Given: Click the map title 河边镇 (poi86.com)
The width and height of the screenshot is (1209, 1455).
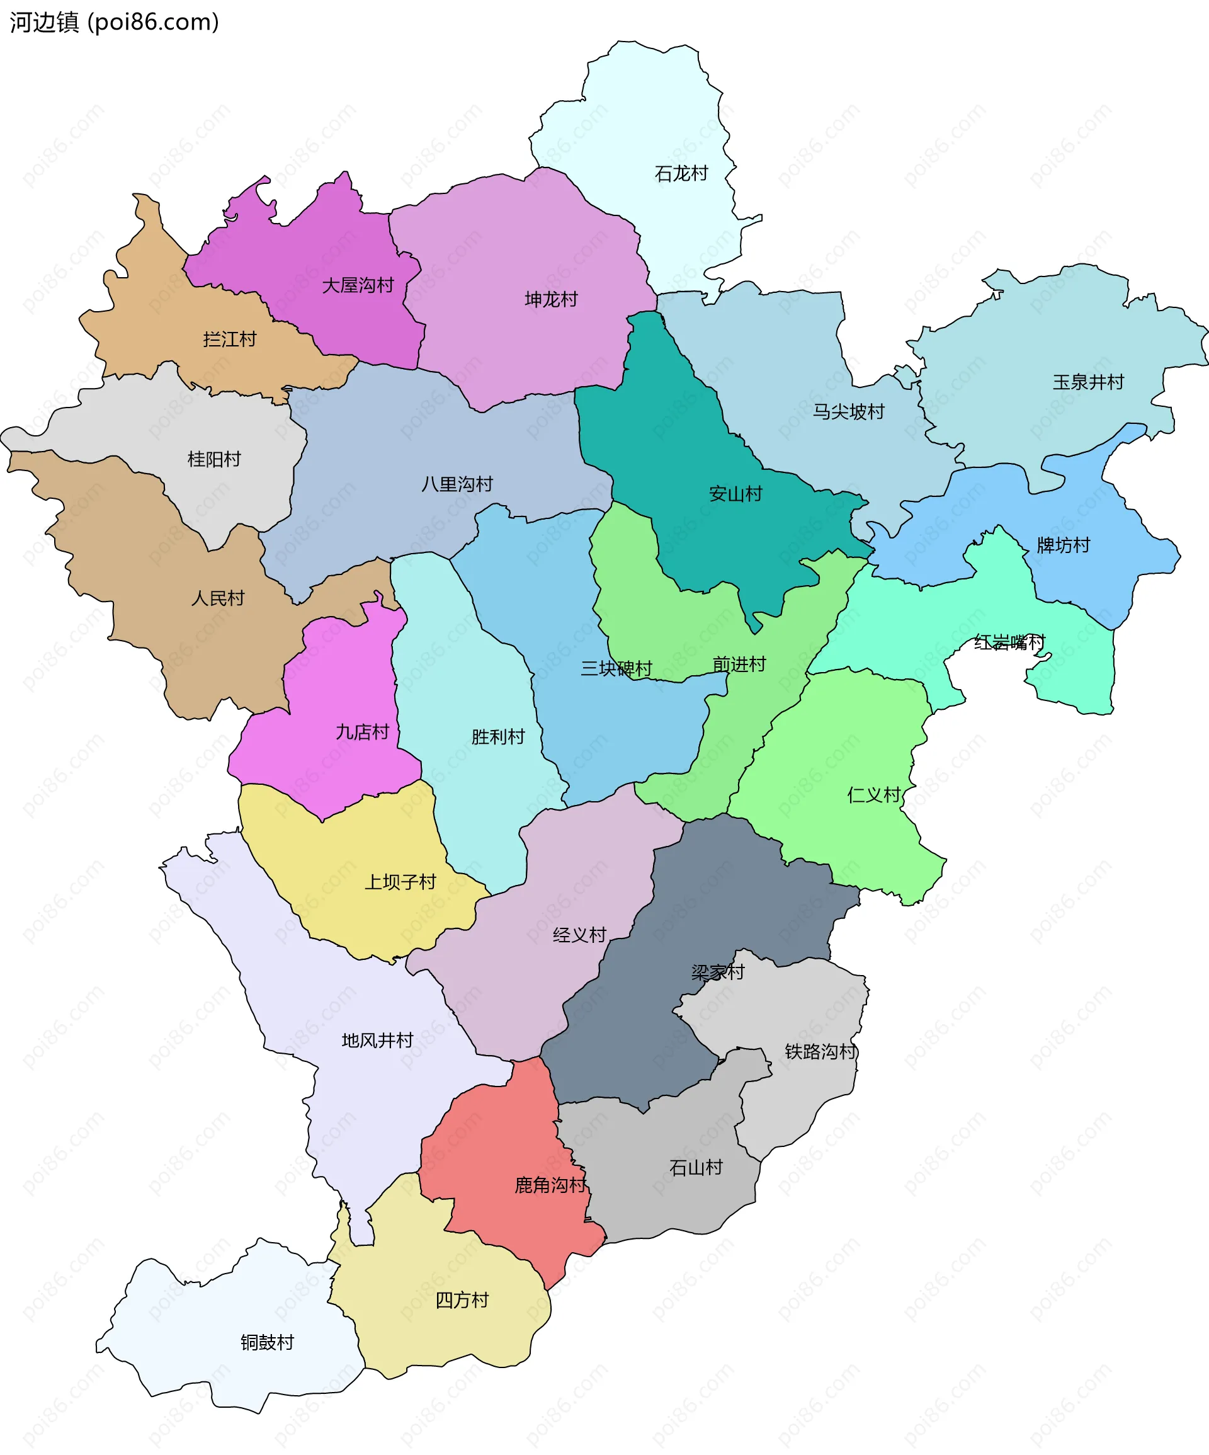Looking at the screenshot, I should [x=115, y=22].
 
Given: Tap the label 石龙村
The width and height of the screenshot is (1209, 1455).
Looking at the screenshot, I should [x=681, y=173].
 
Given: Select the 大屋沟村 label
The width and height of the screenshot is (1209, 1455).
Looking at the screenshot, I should [x=358, y=285].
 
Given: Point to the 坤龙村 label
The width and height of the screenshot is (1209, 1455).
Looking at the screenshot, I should [x=551, y=299].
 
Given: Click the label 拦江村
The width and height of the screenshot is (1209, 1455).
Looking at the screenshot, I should [x=229, y=339].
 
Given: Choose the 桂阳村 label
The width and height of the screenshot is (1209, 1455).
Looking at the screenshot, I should [x=214, y=459].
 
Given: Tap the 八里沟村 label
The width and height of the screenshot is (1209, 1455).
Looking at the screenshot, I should [x=457, y=484].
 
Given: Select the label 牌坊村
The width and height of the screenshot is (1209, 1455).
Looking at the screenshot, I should [x=1063, y=545].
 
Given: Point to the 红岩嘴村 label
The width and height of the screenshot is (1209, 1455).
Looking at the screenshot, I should [x=1009, y=642].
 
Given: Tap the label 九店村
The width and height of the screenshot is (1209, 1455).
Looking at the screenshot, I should [x=362, y=732].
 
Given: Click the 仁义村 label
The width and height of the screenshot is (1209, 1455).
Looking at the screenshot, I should [x=873, y=795].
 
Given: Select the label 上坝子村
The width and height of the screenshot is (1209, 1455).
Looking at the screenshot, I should [x=400, y=882].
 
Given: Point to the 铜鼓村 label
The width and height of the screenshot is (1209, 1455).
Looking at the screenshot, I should [x=267, y=1342].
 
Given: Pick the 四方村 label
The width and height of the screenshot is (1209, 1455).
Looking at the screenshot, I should [x=462, y=1300].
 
